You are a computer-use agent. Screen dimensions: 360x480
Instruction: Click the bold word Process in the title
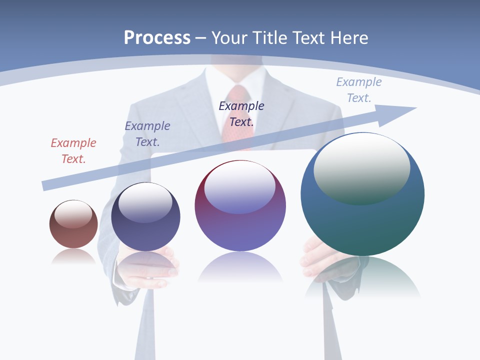pos(157,38)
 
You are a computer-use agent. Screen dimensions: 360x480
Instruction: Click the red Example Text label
pos(73,151)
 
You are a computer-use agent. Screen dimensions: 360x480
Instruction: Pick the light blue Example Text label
pos(359,90)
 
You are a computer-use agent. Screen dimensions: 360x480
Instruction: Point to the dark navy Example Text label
pos(241,114)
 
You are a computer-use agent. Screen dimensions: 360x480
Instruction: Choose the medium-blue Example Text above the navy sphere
pos(147,134)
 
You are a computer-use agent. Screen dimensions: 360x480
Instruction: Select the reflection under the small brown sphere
pos(73,257)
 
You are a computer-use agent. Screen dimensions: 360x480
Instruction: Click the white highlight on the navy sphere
pos(145,202)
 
